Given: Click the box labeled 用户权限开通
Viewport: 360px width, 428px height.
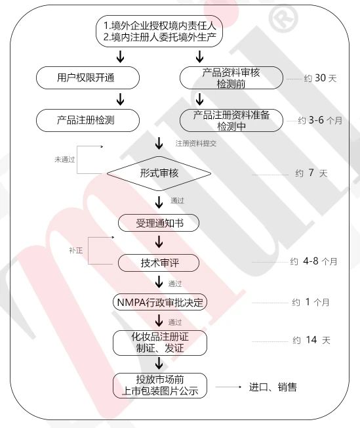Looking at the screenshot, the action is coord(88,78).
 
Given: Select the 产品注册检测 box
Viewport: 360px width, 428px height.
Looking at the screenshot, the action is coord(88,120).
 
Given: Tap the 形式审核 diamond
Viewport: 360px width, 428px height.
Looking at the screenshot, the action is coord(159,173).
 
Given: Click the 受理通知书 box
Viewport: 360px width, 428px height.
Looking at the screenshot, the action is coord(159,223).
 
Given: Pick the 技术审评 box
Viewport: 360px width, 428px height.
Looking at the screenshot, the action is coord(159,263).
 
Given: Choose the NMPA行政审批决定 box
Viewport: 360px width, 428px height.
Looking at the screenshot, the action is coord(160,302).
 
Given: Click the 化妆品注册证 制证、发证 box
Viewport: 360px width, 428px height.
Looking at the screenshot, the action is coord(160,343).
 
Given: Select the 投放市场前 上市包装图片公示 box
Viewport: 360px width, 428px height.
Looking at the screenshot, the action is coord(160,385).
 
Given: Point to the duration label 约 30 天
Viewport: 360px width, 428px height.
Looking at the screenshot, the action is coord(320,78).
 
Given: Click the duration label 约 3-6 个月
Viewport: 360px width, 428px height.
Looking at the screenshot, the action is coord(320,120).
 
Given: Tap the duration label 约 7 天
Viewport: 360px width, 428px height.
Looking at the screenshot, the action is coord(311,173).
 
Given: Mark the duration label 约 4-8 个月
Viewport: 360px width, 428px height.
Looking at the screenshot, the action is coord(313,261).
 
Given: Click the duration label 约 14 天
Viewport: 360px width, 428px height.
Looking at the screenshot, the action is coord(311,340).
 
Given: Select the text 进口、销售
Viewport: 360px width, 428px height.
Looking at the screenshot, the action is coord(273,387).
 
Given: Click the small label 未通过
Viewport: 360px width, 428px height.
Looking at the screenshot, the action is coord(65,160).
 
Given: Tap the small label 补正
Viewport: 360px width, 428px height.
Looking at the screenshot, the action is coord(76,250).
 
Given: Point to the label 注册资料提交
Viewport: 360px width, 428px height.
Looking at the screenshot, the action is coord(196,143).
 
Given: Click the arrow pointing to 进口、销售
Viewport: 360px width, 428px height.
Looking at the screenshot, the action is coord(229,387).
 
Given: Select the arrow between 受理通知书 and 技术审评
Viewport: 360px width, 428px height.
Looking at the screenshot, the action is coord(159,242).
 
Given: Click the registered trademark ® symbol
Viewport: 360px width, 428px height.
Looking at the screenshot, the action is coord(283,20).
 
